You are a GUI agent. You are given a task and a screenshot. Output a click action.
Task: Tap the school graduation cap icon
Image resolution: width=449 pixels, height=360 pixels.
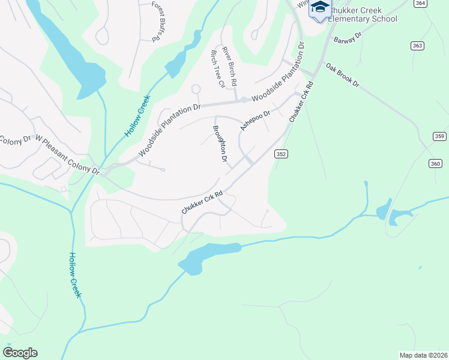tap(319, 8)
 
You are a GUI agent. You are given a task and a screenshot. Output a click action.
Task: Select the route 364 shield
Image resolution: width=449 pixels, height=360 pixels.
tap(420, 3)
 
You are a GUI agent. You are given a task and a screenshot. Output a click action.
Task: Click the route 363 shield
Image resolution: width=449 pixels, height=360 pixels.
tap(417, 46)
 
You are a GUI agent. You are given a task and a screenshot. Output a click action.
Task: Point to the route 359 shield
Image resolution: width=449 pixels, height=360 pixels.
tap(439, 137)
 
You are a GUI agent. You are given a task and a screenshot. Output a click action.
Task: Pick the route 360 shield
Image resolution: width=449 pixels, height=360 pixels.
tap(435, 163)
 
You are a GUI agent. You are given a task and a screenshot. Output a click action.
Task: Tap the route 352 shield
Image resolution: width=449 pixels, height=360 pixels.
tap(281, 154)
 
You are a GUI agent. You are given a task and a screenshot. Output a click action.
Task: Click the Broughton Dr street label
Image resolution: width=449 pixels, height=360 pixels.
tap(220, 144)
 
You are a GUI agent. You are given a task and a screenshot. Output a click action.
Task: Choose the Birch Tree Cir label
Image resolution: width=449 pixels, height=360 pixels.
tap(217, 69)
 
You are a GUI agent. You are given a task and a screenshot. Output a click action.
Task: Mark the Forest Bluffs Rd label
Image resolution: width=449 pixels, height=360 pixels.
tap(157, 21)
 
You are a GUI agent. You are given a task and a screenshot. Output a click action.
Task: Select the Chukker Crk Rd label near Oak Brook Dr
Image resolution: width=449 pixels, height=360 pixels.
tap(302, 102)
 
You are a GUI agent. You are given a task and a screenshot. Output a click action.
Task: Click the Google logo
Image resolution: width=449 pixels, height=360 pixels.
tap(20, 353)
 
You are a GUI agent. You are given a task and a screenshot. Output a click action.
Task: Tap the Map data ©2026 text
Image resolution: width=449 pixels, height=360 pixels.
tap(423, 355)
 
